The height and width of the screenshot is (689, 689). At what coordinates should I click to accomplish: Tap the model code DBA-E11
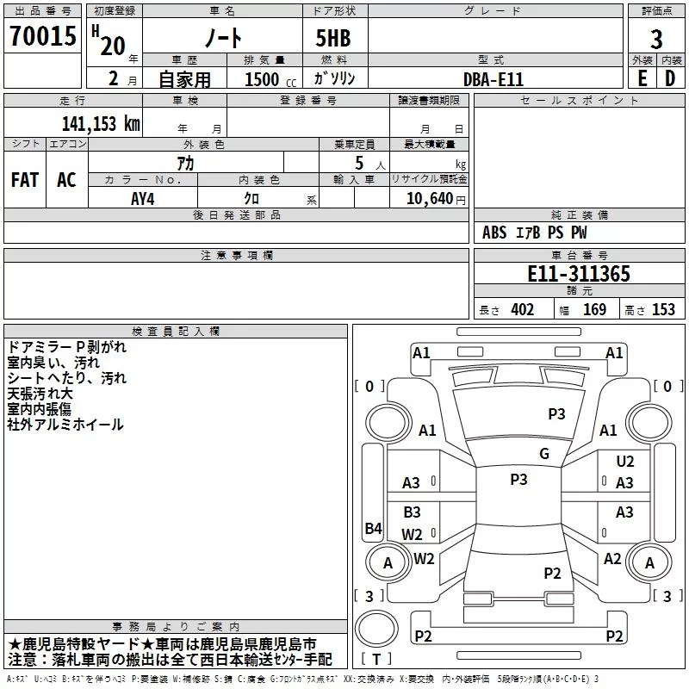coord(493,78)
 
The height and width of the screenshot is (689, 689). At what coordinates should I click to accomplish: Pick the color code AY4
coord(142,197)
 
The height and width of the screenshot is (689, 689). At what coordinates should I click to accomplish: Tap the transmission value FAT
coord(24,180)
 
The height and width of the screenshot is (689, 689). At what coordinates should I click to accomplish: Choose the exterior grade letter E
coord(642,78)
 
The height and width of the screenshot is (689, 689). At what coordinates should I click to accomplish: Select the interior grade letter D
coord(670,78)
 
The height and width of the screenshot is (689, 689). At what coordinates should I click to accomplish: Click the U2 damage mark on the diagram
coord(625,462)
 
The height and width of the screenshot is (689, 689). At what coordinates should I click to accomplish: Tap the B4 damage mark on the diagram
coord(372,529)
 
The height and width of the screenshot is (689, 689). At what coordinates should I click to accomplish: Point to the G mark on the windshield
coord(543,454)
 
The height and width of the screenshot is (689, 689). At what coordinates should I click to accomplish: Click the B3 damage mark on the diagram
coord(412,512)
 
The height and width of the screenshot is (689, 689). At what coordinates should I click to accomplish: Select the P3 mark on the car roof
coord(518,480)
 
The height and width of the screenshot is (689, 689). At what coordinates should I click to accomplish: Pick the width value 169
coord(595,310)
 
